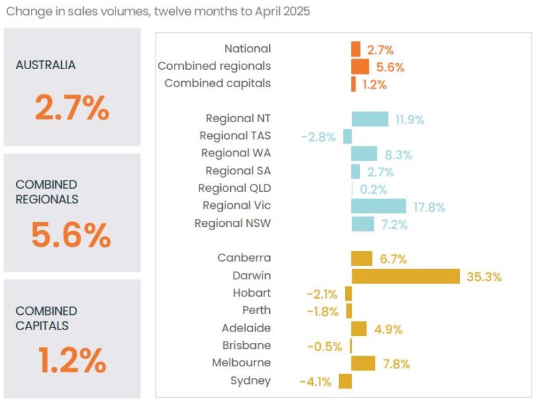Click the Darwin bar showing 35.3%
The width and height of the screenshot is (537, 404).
point(405,276)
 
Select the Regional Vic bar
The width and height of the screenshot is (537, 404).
point(379,206)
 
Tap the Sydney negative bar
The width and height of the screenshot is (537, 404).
point(345,381)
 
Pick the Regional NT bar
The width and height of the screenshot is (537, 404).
point(370,119)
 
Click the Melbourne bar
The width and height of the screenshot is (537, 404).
point(363,363)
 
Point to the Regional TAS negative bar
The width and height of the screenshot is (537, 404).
point(347,136)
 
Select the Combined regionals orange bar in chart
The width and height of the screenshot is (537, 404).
point(360,66)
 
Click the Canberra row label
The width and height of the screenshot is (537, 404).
point(244,258)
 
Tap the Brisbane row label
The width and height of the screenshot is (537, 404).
point(246,345)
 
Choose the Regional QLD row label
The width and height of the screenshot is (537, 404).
point(234,188)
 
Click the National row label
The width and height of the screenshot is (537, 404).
point(248,48)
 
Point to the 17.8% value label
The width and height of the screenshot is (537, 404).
point(428,207)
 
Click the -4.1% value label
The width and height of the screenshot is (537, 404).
point(315,382)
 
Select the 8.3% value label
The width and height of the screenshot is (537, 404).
point(399,154)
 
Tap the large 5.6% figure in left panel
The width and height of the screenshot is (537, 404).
point(71,236)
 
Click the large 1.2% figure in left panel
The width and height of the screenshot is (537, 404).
point(72,362)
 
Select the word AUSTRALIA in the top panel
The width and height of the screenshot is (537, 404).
point(46,65)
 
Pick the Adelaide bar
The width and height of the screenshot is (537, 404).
point(359,328)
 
